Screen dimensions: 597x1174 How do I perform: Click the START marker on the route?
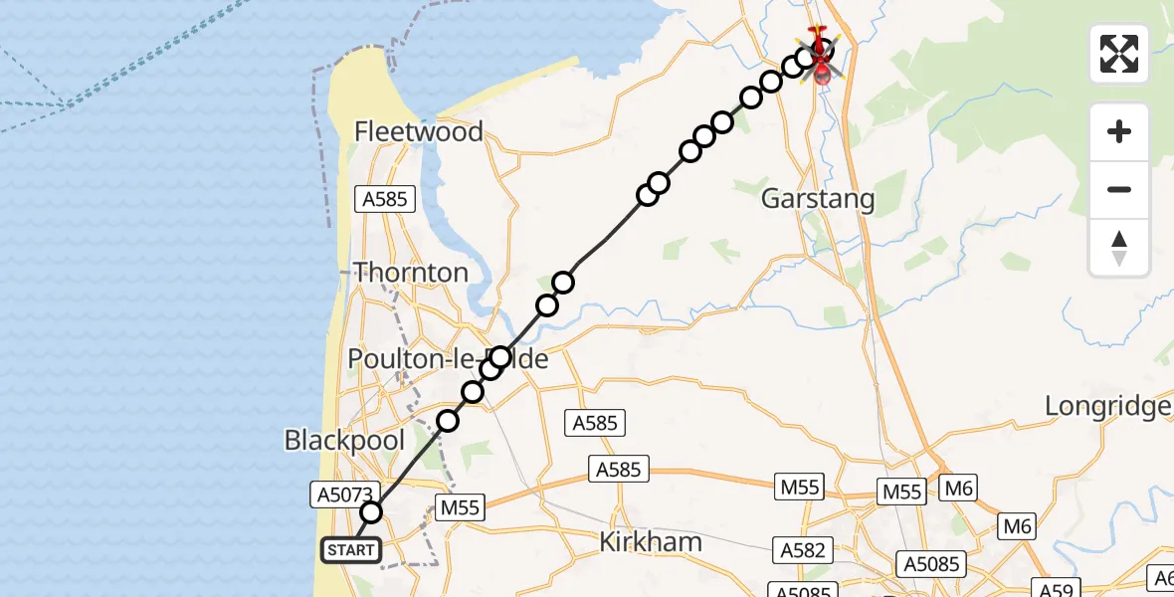click(x=350, y=550)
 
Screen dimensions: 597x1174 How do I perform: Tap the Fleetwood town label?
click(x=418, y=131)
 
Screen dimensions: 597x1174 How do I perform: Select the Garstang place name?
click(x=818, y=199)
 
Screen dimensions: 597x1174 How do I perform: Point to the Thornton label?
click(x=411, y=273)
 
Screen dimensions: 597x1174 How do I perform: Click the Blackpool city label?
click(x=344, y=440)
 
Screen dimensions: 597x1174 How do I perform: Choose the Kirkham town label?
click(x=652, y=542)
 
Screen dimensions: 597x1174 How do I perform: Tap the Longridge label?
click(x=1107, y=406)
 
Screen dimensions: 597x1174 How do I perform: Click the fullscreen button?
click(x=1119, y=54)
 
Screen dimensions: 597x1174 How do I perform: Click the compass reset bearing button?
click(x=1119, y=247)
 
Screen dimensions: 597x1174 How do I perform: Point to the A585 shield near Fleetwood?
click(x=384, y=199)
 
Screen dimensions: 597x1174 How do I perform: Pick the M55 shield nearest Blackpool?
click(x=460, y=508)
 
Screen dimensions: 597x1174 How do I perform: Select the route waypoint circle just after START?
click(x=371, y=512)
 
